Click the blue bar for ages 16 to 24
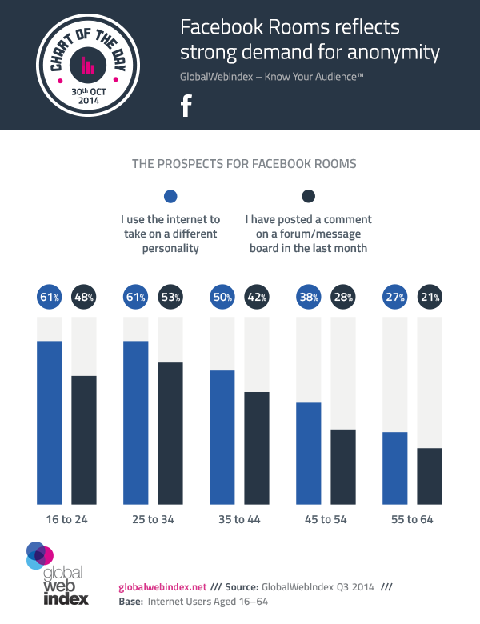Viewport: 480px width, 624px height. [49, 422]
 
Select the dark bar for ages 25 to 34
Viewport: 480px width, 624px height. [170, 433]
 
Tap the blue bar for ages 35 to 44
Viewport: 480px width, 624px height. [222, 437]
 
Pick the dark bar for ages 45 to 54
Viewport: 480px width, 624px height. [343, 466]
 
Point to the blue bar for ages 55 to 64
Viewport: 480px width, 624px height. [394, 468]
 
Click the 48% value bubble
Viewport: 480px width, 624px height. [84, 298]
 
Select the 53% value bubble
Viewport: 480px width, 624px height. [170, 298]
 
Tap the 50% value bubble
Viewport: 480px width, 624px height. [222, 298]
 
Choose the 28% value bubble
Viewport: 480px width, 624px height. [343, 298]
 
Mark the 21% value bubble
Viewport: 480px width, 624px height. [430, 298]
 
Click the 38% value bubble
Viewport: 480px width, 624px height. [308, 298]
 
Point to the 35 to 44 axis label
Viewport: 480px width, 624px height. [241, 520]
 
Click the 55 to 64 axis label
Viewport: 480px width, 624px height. [412, 520]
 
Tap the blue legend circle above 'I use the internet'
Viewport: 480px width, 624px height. [170, 197]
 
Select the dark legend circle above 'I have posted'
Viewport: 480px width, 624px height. [307, 197]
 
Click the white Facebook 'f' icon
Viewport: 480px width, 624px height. [186, 106]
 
